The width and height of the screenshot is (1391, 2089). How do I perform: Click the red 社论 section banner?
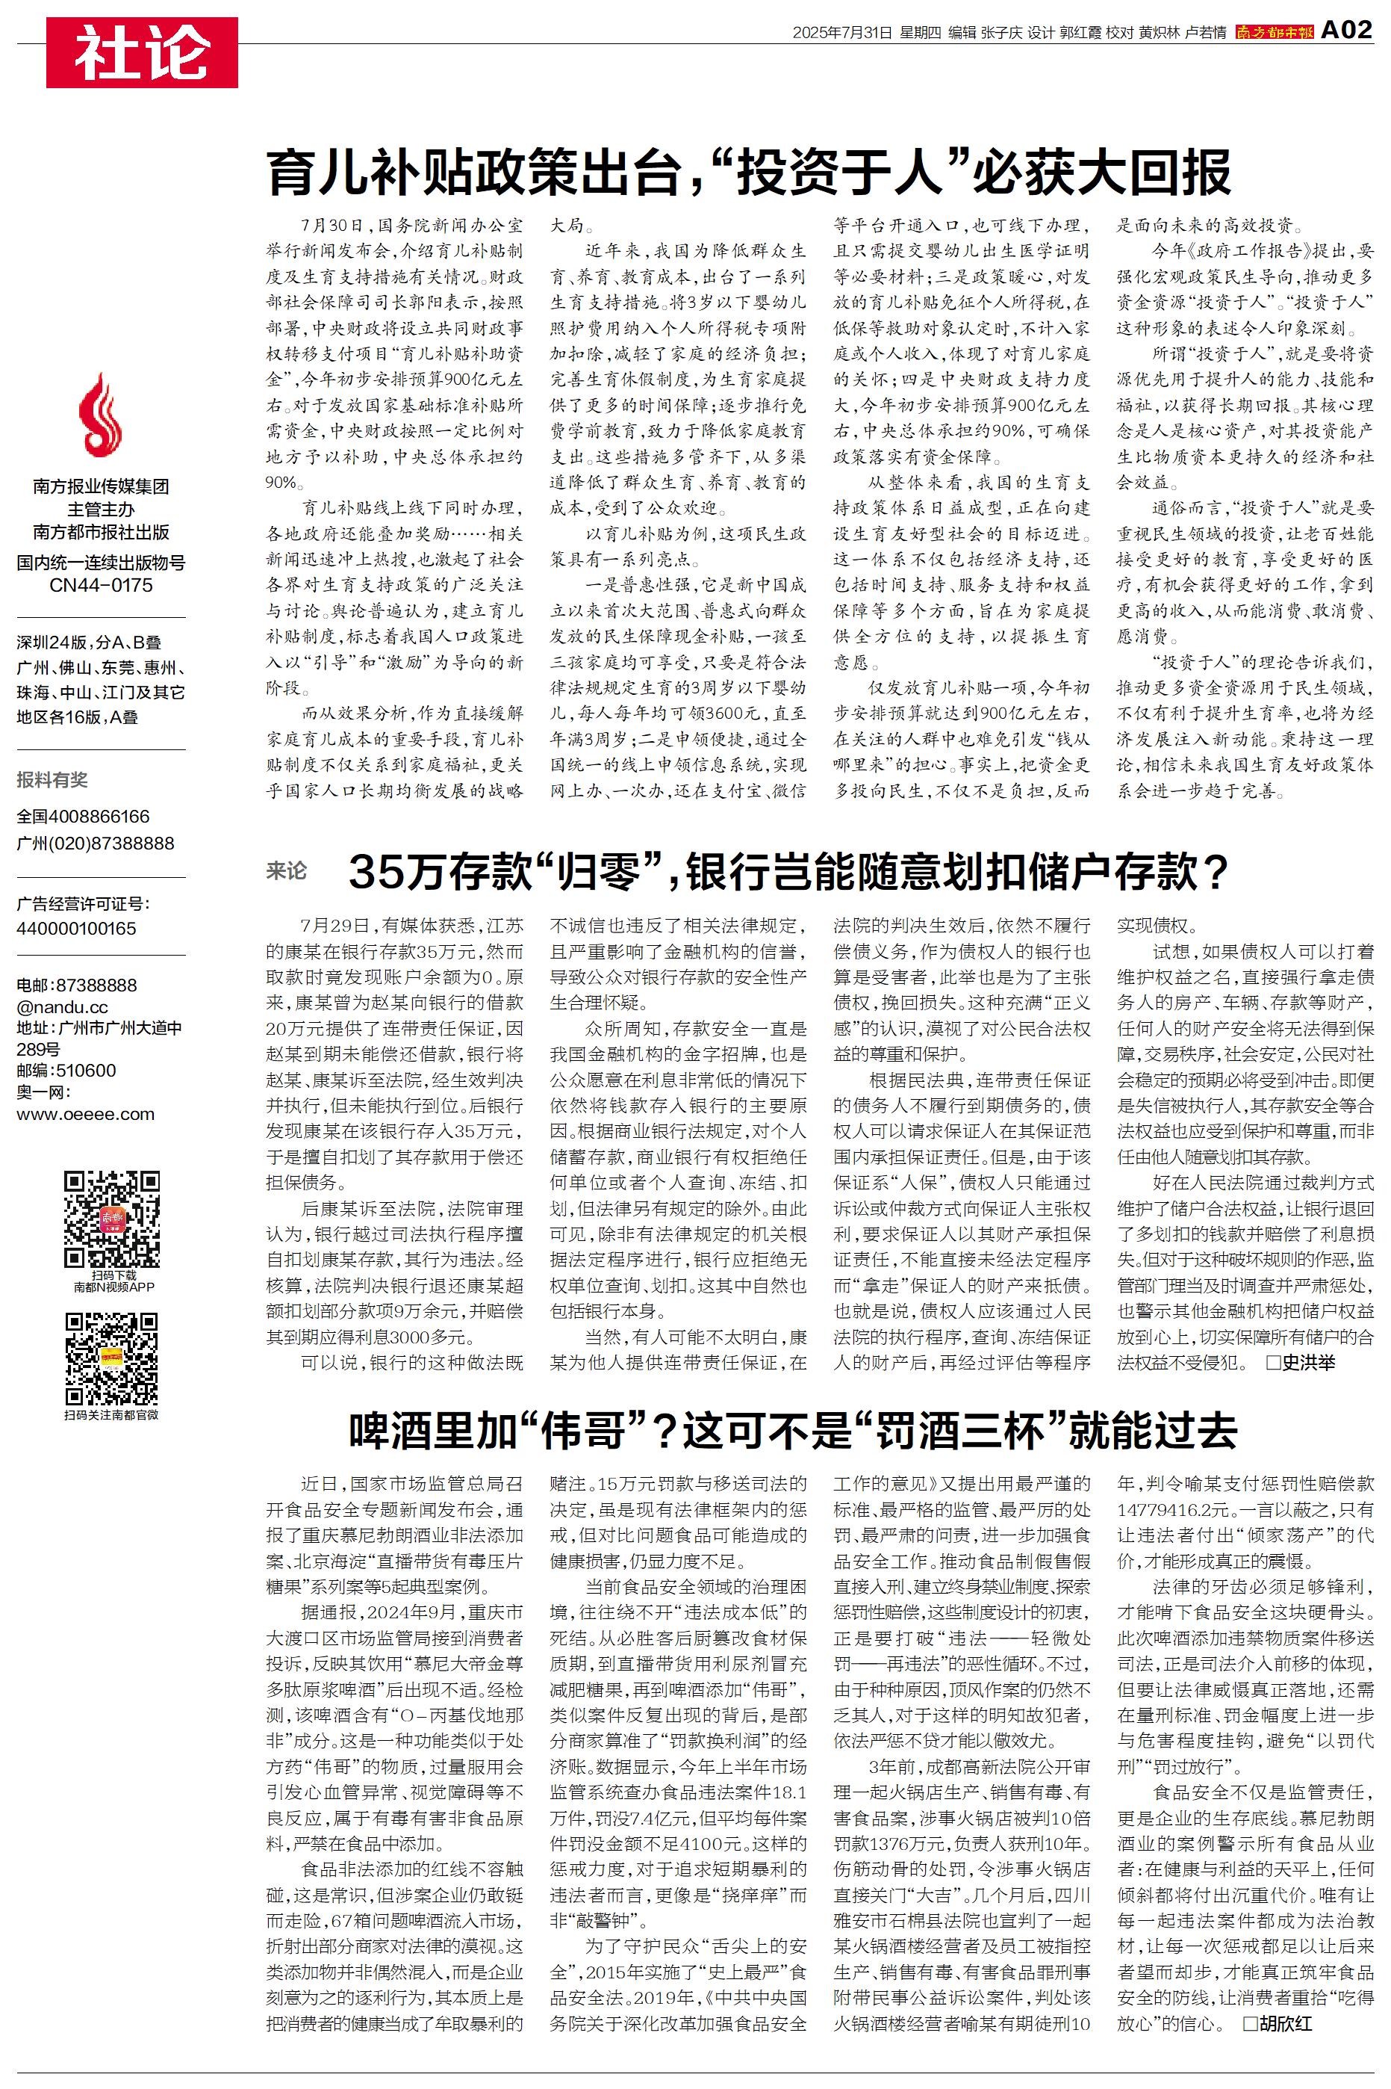pos(142,52)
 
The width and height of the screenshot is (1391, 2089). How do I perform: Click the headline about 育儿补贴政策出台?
pos(749,172)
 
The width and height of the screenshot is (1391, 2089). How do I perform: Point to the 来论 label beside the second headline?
pos(287,870)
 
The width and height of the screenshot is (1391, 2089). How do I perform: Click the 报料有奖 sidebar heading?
pos(52,780)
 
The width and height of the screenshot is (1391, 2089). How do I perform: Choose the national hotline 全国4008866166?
pos(84,817)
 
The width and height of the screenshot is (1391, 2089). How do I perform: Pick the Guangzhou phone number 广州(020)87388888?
pos(96,843)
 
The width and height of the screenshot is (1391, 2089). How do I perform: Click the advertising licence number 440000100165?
pos(76,928)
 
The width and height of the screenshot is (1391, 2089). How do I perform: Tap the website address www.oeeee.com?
pos(85,1115)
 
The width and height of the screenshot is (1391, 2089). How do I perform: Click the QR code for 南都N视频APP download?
pos(112,1219)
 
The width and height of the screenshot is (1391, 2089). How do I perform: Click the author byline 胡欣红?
pos(1283,2023)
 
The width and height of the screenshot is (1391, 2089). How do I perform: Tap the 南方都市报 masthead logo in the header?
pos(1274,33)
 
